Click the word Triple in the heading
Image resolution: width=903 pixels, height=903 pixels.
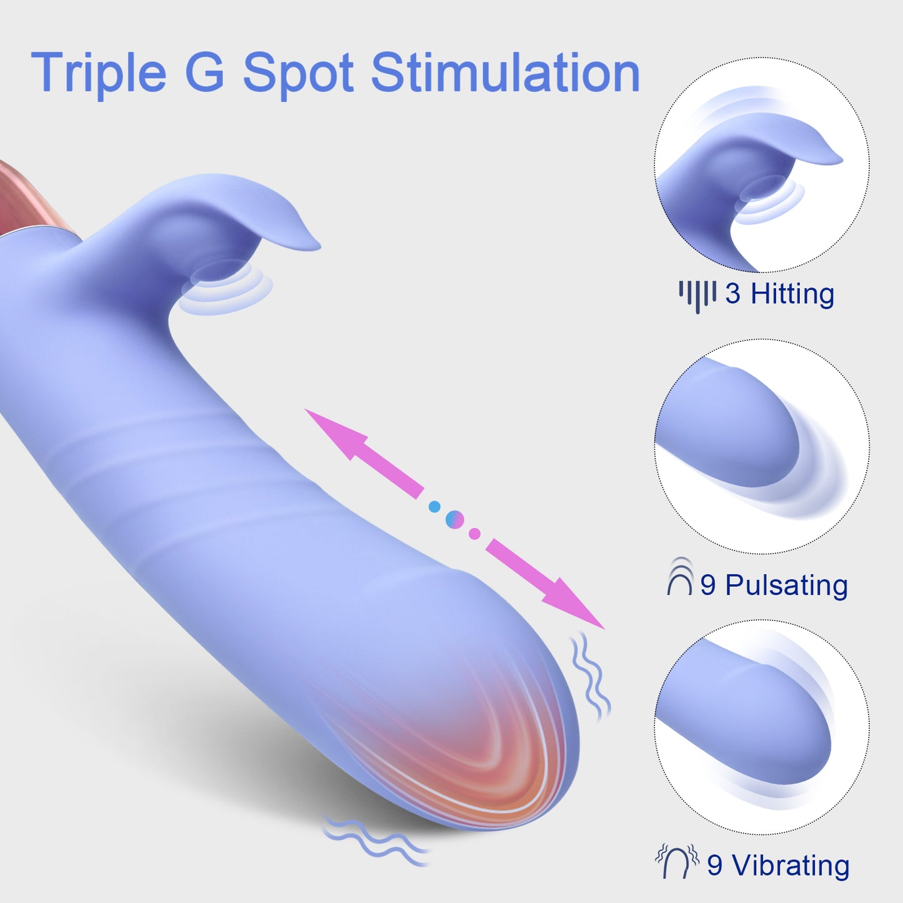[x=98, y=74]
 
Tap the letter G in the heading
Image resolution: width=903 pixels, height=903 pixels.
[x=205, y=72]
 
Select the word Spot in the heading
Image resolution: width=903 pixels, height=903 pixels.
[x=299, y=74]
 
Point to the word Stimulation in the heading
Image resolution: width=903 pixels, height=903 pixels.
[x=506, y=72]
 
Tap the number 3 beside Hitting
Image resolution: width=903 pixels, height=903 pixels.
[x=733, y=294]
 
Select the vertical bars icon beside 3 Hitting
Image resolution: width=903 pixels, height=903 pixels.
[x=698, y=297]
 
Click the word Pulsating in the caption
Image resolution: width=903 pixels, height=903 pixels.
[x=787, y=586]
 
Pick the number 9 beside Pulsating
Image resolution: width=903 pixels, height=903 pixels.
[x=708, y=586]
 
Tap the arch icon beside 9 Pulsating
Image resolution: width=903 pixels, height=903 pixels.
[x=680, y=576]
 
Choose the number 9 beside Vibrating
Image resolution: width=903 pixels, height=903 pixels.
[x=715, y=865]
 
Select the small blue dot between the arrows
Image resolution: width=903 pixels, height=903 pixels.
[x=434, y=507]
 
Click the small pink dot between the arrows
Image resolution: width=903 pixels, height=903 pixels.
[x=475, y=533]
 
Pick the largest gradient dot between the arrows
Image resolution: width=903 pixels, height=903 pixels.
[x=454, y=520]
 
